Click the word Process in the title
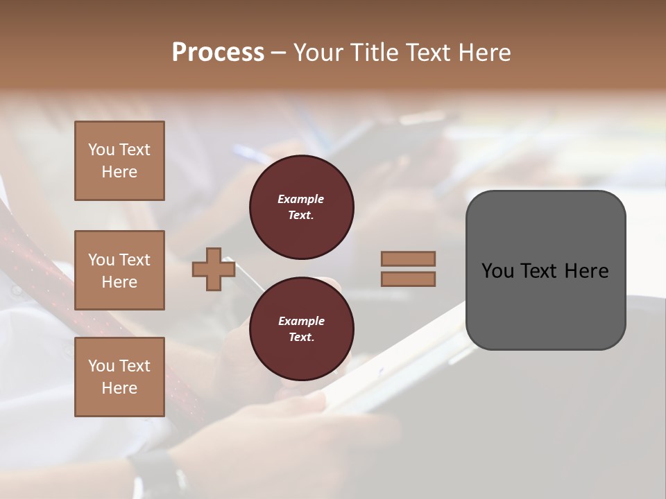tap(218, 53)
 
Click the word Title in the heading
tap(373, 53)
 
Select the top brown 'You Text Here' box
tap(119, 161)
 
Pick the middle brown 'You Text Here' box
tap(119, 270)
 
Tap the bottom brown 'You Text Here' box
tap(119, 377)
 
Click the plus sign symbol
tap(214, 270)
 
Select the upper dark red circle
tap(301, 207)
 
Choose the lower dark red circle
tap(301, 329)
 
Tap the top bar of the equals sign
tap(408, 259)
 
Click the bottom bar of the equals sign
tap(408, 279)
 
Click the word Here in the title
tap(486, 53)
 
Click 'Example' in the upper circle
tap(301, 199)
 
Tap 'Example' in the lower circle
tap(301, 321)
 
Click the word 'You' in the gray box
tap(497, 271)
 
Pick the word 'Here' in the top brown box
tap(119, 172)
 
